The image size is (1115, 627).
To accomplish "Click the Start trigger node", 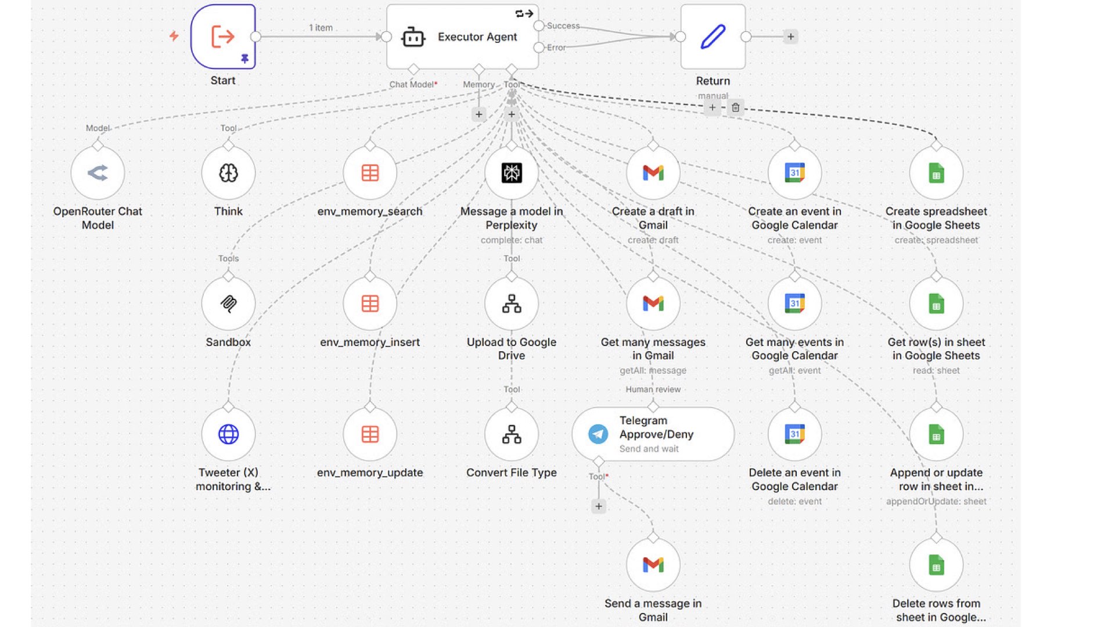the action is coord(223,37).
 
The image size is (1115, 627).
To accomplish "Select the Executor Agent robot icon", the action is coord(413,37).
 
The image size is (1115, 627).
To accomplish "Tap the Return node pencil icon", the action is coord(713,37).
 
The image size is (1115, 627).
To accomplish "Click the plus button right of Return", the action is coord(790,37).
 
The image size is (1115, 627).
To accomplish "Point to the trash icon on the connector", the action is coord(736,107).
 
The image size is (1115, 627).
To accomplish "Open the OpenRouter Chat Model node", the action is coord(98,173).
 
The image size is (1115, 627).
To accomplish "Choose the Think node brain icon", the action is coord(228,173).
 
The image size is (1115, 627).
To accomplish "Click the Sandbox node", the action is coord(228,304).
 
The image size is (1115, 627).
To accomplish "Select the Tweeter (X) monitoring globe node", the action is coord(228,434).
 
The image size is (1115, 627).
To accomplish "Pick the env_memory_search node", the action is coord(370,173).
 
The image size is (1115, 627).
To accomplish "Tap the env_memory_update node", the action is coord(370,434).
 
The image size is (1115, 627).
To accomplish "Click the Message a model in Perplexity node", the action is coord(512,173).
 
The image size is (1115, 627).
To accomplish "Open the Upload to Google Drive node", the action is coord(512,304).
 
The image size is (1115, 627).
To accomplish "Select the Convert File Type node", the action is coord(512,434).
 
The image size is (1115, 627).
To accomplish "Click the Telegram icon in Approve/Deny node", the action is coord(598,434).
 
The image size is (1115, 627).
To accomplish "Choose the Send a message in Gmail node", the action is coord(653,565).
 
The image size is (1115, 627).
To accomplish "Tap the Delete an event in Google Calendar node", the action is coord(795,434).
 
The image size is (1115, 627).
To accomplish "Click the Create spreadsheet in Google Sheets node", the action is coord(937,173).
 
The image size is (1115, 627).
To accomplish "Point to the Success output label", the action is coord(563,26).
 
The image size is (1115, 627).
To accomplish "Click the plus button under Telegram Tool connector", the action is coord(599,506).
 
